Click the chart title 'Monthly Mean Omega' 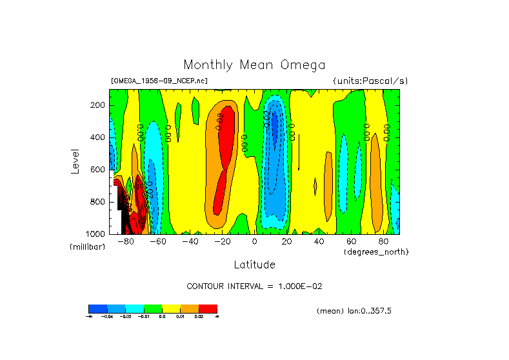click(x=254, y=65)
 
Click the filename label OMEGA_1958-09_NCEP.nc click(x=159, y=81)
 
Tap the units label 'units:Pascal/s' click(x=370, y=81)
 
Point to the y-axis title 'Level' click(x=75, y=161)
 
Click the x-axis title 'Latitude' click(x=254, y=265)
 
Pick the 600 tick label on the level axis click(x=98, y=170)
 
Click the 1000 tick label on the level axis click(x=96, y=234)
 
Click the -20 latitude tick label click(x=223, y=242)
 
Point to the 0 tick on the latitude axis click(x=254, y=242)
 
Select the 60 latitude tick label click(x=351, y=242)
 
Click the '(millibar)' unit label click(x=87, y=247)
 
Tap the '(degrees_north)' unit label click(x=376, y=252)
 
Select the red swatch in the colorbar click(x=208, y=308)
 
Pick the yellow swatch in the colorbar click(x=171, y=308)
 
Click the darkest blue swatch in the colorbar click(x=97, y=308)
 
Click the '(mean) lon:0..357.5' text click(x=354, y=311)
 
